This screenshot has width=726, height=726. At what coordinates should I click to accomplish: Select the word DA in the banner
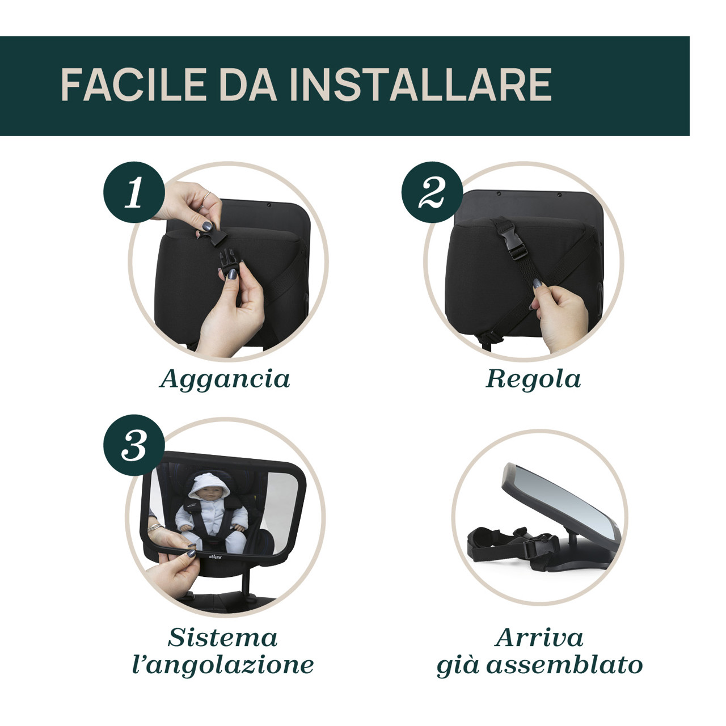[x=248, y=85]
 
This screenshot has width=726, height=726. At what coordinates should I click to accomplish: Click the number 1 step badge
[x=134, y=192]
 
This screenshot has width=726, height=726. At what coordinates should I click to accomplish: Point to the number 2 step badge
[x=432, y=192]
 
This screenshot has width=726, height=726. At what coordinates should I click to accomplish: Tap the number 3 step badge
[x=134, y=445]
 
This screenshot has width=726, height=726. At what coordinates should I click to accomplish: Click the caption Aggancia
[x=225, y=379]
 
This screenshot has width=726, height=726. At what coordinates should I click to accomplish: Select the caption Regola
[x=533, y=379]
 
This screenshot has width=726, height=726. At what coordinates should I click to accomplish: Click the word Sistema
[x=223, y=638]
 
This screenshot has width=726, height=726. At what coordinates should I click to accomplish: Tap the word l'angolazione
[x=223, y=666]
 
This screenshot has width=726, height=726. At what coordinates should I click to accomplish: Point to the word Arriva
[x=539, y=638]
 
